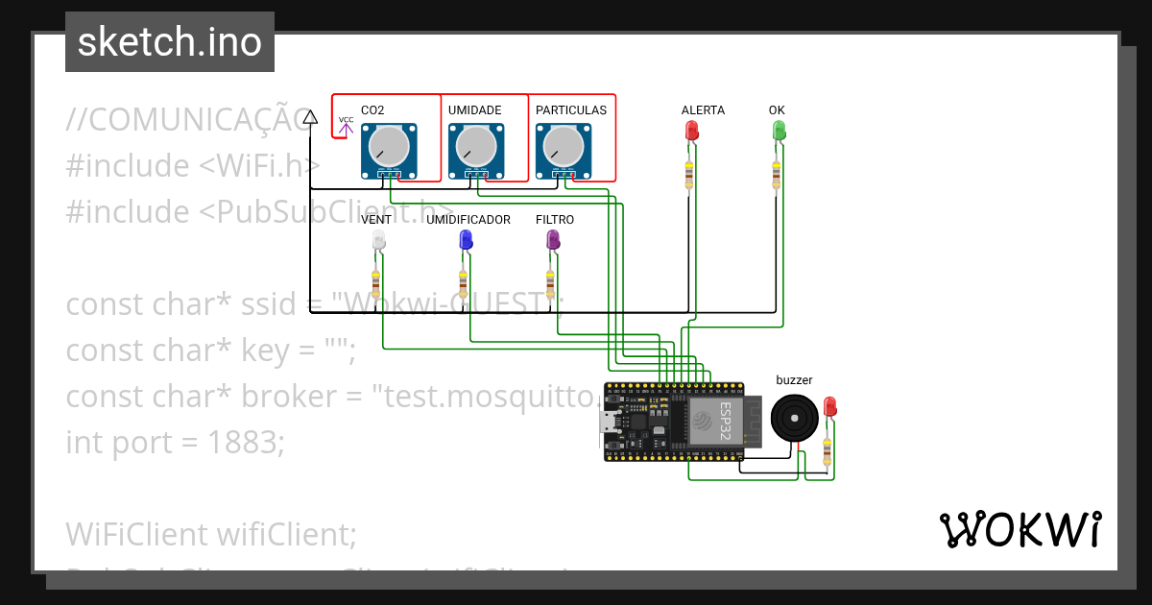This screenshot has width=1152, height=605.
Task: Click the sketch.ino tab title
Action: pyautogui.click(x=169, y=42)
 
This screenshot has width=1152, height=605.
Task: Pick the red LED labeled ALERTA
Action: pyautogui.click(x=690, y=131)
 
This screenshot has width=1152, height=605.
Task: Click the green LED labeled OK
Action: pyautogui.click(x=778, y=131)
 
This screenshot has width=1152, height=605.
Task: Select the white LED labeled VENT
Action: pyautogui.click(x=377, y=241)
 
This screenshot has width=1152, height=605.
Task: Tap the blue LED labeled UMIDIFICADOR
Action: pyautogui.click(x=465, y=241)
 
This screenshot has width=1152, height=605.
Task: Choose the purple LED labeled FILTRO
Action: pyautogui.click(x=552, y=241)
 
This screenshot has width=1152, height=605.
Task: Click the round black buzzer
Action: pyautogui.click(x=795, y=419)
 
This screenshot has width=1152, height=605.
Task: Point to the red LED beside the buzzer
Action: pyautogui.click(x=829, y=407)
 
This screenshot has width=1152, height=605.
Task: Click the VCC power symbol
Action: pyautogui.click(x=346, y=125)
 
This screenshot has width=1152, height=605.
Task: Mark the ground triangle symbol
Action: pyautogui.click(x=310, y=117)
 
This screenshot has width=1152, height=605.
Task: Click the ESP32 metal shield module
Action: pyautogui.click(x=713, y=422)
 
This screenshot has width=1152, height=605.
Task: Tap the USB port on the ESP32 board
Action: pyautogui.click(x=611, y=422)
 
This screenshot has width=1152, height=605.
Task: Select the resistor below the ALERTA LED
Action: pyautogui.click(x=688, y=176)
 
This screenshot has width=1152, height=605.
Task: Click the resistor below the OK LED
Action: pyautogui.click(x=776, y=176)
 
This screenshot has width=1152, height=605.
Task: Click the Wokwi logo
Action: pyautogui.click(x=1020, y=529)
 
